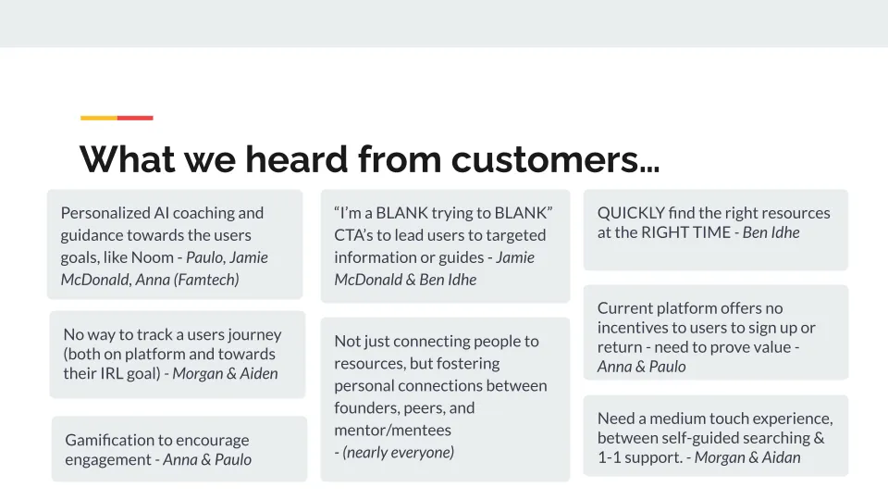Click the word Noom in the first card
pyautogui.click(x=152, y=257)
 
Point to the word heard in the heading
pyautogui.click(x=296, y=158)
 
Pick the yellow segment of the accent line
pyautogui.click(x=99, y=118)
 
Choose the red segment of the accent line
pyautogui.click(x=135, y=118)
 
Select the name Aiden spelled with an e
pyautogui.click(x=259, y=373)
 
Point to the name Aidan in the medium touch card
pyautogui.click(x=781, y=456)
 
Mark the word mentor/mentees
pyautogui.click(x=392, y=430)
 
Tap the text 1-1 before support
pyautogui.click(x=610, y=456)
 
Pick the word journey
pyautogui.click(x=254, y=334)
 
